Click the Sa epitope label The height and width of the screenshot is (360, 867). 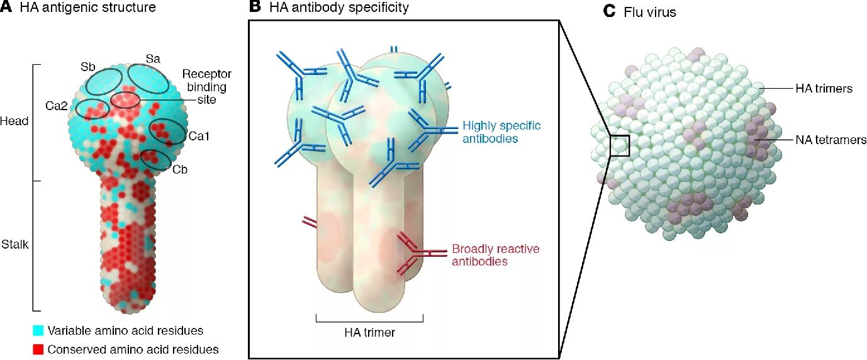(x=153, y=59)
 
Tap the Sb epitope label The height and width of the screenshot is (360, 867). (x=87, y=66)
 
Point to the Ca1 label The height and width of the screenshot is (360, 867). (x=197, y=135)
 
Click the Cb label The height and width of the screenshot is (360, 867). (x=180, y=169)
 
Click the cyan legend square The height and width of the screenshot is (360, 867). (x=38, y=330)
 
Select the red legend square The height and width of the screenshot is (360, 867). (x=38, y=349)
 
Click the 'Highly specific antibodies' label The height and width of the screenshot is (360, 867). (x=501, y=131)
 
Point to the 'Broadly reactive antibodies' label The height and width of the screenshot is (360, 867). (x=495, y=255)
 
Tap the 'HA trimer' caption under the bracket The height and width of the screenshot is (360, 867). (x=370, y=332)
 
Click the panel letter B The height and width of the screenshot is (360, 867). (x=255, y=8)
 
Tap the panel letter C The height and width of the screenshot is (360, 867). (x=608, y=11)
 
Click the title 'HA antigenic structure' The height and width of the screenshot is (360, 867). (x=87, y=8)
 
